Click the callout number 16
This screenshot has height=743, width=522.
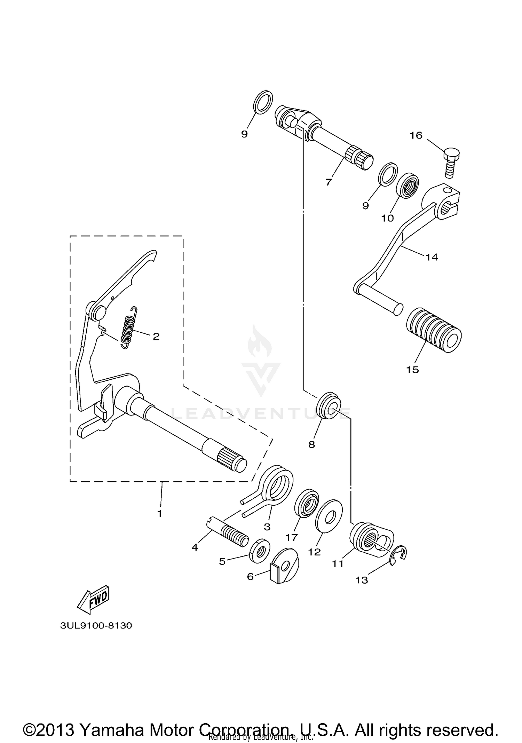pos(416,135)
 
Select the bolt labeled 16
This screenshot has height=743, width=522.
pos(452,162)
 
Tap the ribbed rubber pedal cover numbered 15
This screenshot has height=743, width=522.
pos(434,330)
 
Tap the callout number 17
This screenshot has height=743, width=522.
pos(291,538)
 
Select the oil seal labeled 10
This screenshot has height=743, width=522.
pos(408,186)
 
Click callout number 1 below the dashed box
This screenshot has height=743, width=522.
pos(160,514)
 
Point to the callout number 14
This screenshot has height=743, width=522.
pos(432,257)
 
